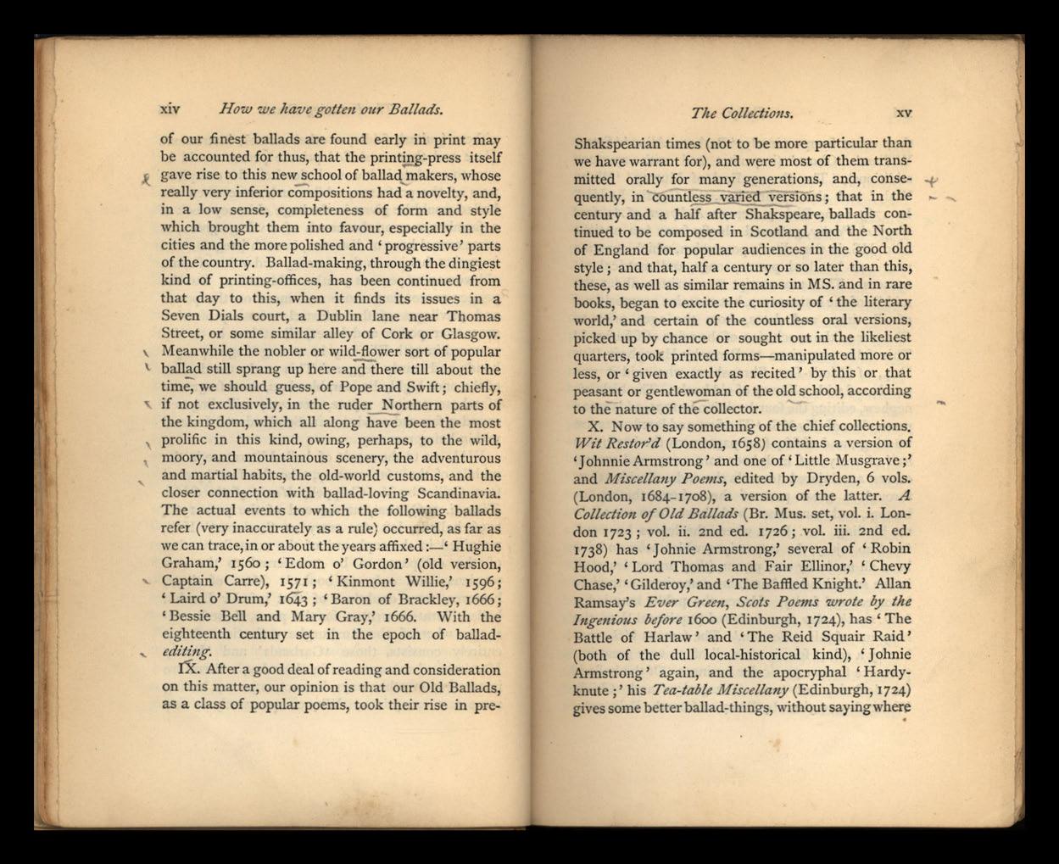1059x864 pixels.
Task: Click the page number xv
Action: point(903,113)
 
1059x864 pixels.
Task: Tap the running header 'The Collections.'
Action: point(742,113)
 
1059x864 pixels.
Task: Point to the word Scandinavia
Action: point(458,493)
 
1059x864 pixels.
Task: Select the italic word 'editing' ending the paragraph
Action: point(186,651)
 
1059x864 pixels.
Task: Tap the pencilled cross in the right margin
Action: point(931,181)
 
